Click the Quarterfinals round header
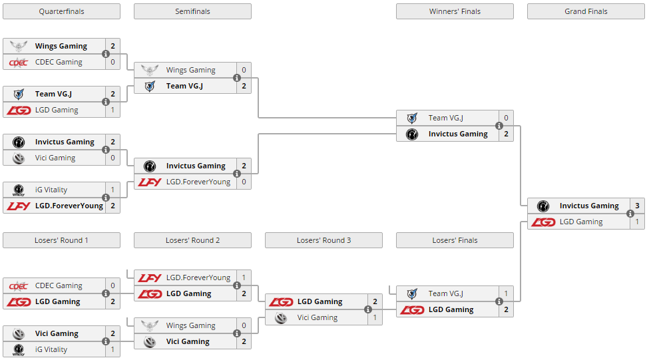(x=61, y=11)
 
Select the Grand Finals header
(x=586, y=11)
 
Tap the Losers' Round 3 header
(x=324, y=240)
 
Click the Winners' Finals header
(x=455, y=11)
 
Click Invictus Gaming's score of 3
(x=637, y=206)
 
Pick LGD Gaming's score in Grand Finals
(x=637, y=222)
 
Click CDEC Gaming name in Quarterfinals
(x=59, y=62)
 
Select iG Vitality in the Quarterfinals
(x=51, y=190)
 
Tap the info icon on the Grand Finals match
(x=630, y=214)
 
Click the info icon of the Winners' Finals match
(x=499, y=126)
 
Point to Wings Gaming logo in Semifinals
(x=150, y=70)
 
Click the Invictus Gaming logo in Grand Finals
(x=543, y=206)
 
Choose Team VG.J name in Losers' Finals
(x=446, y=293)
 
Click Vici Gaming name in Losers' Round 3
(x=318, y=317)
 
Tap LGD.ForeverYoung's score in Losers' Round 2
(x=244, y=277)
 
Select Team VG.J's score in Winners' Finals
(x=506, y=118)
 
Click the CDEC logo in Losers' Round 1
(x=19, y=285)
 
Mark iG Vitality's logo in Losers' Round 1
(x=19, y=349)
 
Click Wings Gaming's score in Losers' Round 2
(x=244, y=325)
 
